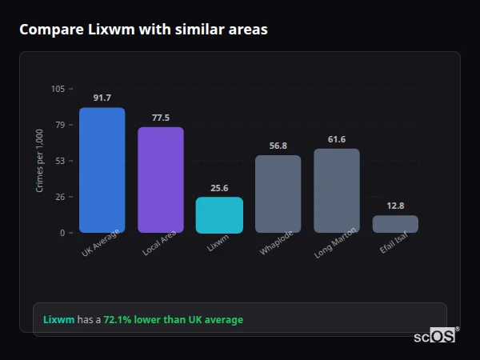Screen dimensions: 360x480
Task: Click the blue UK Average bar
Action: (102, 170)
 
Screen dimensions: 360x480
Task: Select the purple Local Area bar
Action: (161, 179)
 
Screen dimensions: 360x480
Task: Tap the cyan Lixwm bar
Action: (219, 214)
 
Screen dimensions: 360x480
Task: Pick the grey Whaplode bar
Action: (278, 194)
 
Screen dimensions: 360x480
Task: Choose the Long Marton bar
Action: (337, 190)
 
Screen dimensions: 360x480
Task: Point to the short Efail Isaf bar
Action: (395, 224)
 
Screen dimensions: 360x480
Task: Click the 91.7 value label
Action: (102, 98)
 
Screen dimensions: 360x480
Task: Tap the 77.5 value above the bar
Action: (161, 118)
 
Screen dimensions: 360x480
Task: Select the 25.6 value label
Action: (219, 188)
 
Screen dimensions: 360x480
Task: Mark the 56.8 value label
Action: (278, 146)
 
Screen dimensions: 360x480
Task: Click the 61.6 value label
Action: (337, 139)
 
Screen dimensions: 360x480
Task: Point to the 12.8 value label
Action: (395, 206)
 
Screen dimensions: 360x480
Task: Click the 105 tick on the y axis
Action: (58, 89)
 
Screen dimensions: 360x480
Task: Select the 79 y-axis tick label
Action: (60, 125)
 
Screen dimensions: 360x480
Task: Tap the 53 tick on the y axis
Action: (60, 161)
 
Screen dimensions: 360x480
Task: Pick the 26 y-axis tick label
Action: (60, 197)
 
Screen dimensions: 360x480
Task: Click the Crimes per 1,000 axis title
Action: (40, 161)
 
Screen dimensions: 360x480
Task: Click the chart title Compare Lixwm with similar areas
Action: (143, 30)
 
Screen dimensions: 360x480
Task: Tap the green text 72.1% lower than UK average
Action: (173, 320)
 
